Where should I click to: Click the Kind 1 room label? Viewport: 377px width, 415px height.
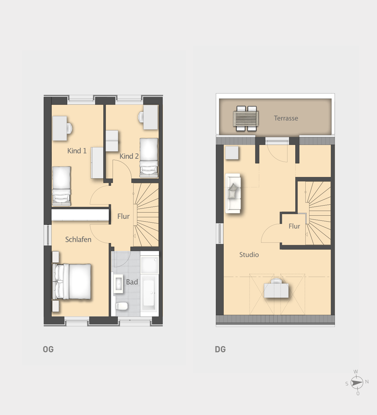pyautogui.click(x=77, y=151)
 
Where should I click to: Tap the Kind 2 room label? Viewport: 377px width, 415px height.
pyautogui.click(x=129, y=156)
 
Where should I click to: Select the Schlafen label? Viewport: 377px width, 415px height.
pyautogui.click(x=78, y=239)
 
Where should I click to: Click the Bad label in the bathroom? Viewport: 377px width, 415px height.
pyautogui.click(x=132, y=282)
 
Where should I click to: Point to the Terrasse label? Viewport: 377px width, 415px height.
pyautogui.click(x=286, y=118)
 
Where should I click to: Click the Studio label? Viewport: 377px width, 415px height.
pyautogui.click(x=249, y=254)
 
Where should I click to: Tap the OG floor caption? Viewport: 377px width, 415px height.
pyautogui.click(x=48, y=349)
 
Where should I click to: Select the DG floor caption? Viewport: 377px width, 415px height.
pyautogui.click(x=220, y=349)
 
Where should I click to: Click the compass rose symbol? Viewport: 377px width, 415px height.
pyautogui.click(x=357, y=383)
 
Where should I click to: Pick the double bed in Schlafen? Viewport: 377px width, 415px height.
pyautogui.click(x=72, y=281)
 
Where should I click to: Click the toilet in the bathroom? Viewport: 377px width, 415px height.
pyautogui.click(x=122, y=306)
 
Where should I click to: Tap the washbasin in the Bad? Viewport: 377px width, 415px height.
pyautogui.click(x=118, y=284)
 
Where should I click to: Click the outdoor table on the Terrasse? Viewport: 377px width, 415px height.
pyautogui.click(x=246, y=118)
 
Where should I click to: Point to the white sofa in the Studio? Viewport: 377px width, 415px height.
pyautogui.click(x=233, y=193)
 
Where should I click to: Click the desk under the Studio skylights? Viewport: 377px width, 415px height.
pyautogui.click(x=276, y=290)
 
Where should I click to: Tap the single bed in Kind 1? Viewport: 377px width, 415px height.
pyautogui.click(x=62, y=186)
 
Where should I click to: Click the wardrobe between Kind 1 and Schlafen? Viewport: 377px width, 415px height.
pyautogui.click(x=80, y=215)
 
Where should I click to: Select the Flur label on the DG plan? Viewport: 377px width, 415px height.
pyautogui.click(x=294, y=226)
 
